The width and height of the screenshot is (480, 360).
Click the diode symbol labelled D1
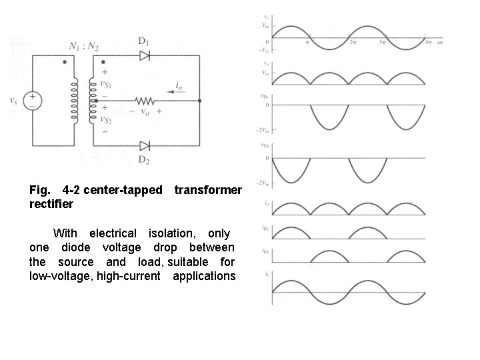[x=144, y=56]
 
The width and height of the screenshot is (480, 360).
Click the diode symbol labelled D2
[x=144, y=144]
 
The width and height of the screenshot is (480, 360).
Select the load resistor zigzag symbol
[x=145, y=101]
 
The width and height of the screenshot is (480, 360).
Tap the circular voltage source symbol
[x=32, y=101]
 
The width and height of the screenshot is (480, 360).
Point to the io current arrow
[x=175, y=93]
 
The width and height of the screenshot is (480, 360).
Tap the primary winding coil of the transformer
[x=75, y=101]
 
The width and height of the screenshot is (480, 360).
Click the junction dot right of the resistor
[x=200, y=101]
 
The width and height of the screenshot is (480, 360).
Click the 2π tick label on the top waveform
[x=353, y=42]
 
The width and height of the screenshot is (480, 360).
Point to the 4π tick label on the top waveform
[x=427, y=42]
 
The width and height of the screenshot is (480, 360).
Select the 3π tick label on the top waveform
[x=383, y=42]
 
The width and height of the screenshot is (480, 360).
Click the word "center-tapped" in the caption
[x=123, y=190]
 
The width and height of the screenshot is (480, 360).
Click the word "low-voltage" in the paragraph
[x=60, y=276]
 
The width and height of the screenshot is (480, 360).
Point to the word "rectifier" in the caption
[x=51, y=204]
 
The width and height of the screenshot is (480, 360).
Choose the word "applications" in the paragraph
[x=204, y=276]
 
